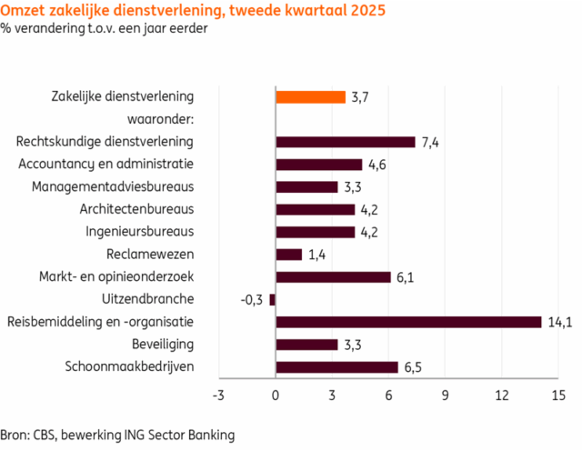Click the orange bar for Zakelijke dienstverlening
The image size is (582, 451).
(310, 97)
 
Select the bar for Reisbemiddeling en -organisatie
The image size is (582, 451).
(408, 322)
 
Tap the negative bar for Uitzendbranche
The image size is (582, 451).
(272, 299)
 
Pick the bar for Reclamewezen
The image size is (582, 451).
(288, 255)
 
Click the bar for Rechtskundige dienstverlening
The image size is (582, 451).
(345, 142)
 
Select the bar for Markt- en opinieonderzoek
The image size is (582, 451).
(333, 277)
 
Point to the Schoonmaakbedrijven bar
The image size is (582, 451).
(336, 367)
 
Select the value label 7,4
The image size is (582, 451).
(431, 142)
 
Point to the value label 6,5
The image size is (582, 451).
(414, 367)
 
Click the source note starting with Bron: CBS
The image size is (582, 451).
(117, 435)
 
